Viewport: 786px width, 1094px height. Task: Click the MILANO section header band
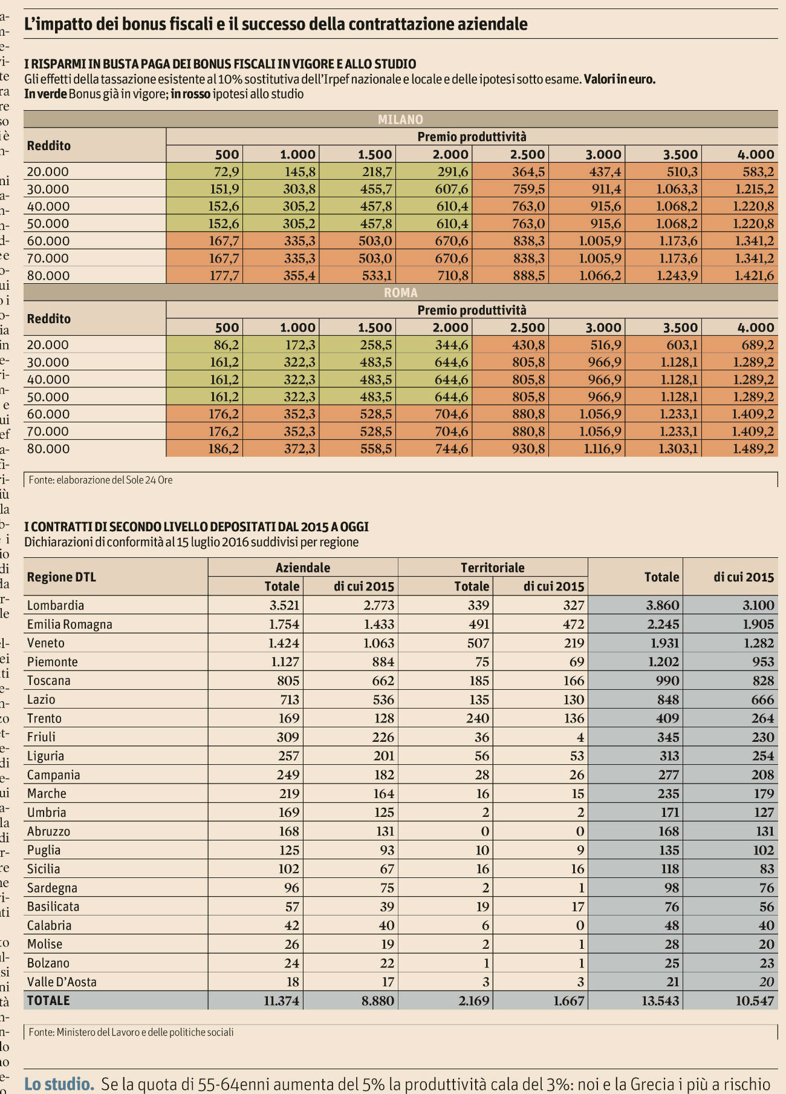coord(400,119)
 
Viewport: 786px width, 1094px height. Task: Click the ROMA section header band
coord(400,293)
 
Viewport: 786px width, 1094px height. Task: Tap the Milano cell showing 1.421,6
coord(753,276)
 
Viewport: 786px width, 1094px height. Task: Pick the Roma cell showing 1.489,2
coord(753,449)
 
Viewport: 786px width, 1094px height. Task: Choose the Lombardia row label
coord(56,606)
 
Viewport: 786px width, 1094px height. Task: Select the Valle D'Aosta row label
coord(62,982)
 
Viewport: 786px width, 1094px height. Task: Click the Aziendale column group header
coord(303,568)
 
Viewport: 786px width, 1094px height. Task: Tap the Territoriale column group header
coord(492,568)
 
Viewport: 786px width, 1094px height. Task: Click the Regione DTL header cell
coord(62,577)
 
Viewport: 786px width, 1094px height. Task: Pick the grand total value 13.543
coord(660,1001)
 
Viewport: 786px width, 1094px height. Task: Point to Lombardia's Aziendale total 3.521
coord(284,606)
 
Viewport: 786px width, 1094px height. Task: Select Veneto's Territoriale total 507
coord(478,643)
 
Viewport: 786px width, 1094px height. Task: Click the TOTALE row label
coord(48,1001)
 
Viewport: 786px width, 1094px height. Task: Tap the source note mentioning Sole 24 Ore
coord(101,480)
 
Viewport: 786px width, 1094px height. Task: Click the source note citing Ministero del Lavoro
coord(131,1032)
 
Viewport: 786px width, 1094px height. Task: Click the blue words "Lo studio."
coord(59,1084)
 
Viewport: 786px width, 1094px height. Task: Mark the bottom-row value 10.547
coord(755,1001)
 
